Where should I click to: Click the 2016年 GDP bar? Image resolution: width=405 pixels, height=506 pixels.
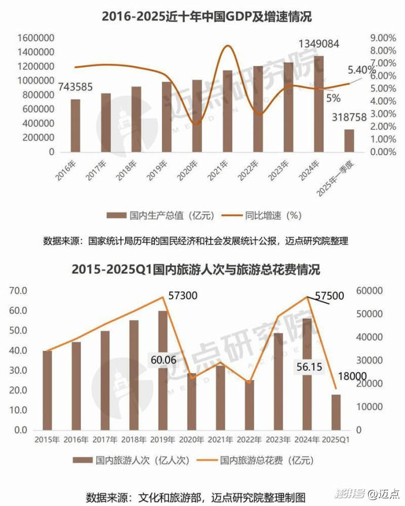click(76, 125)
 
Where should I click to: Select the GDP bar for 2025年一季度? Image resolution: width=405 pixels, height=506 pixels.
click(349, 140)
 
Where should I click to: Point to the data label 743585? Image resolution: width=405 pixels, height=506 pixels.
click(75, 87)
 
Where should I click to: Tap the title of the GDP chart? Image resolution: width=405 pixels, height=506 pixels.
click(203, 16)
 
